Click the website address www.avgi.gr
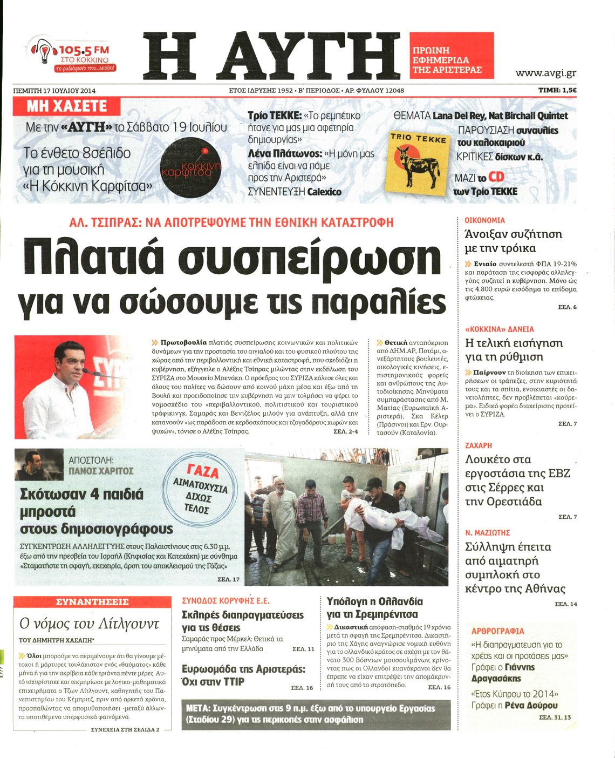pyautogui.click(x=545, y=73)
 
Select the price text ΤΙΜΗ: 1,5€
pyautogui.click(x=557, y=91)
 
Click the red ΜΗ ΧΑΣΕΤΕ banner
pyautogui.click(x=66, y=106)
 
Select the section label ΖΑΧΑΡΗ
pyautogui.click(x=479, y=445)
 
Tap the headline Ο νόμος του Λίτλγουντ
pyautogui.click(x=89, y=624)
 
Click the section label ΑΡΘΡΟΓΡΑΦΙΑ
pyautogui.click(x=497, y=631)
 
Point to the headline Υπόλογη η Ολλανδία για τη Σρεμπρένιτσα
pyautogui.click(x=375, y=608)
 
